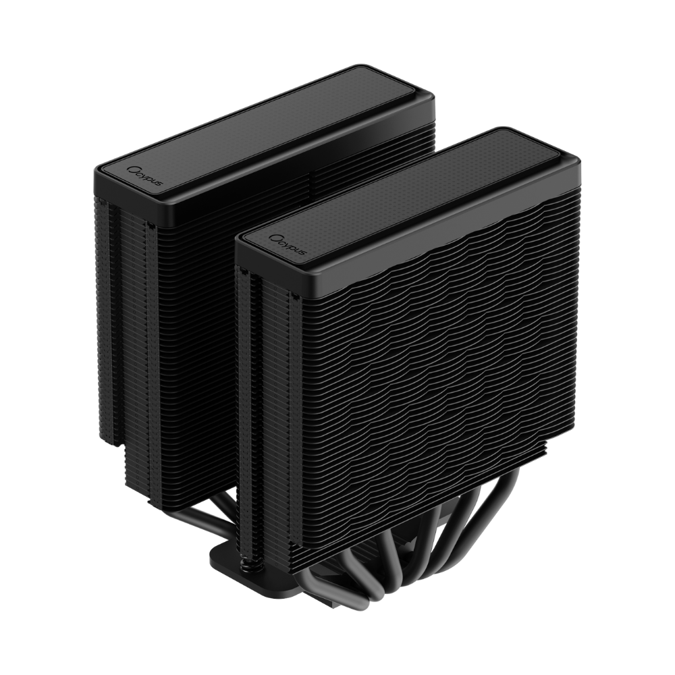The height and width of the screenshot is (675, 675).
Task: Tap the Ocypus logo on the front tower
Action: click(x=287, y=244)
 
